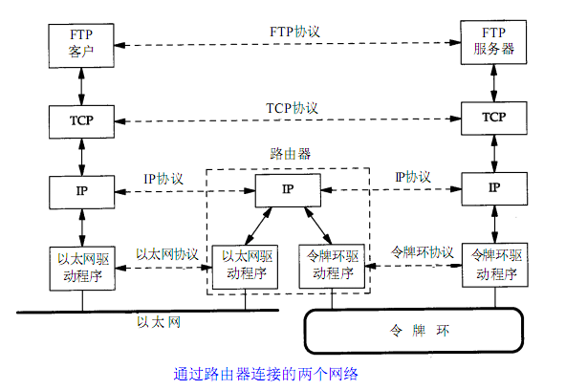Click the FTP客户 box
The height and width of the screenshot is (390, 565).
point(81,46)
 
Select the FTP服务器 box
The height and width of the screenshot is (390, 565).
point(493,42)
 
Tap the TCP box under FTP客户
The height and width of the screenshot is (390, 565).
point(82,121)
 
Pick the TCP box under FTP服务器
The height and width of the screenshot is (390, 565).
point(494,119)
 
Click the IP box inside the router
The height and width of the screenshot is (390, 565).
point(288,190)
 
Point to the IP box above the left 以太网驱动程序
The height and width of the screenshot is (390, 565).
point(82,192)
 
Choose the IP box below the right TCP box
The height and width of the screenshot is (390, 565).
point(494,189)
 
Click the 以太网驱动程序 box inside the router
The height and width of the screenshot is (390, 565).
point(245,267)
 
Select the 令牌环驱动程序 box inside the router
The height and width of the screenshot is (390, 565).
point(332,267)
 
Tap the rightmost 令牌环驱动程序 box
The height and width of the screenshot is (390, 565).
point(495,265)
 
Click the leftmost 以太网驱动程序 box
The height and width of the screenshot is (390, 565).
point(82,269)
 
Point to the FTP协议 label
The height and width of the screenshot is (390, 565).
point(294,32)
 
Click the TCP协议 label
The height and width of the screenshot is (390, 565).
point(293,108)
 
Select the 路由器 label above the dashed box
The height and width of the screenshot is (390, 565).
point(291,154)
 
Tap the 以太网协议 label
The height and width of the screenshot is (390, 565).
point(167,254)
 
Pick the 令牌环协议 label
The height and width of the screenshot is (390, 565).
point(422,252)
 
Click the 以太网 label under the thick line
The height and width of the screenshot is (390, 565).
point(159,322)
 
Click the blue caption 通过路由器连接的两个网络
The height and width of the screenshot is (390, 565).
point(266,374)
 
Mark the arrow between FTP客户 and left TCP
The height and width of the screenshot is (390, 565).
point(82,86)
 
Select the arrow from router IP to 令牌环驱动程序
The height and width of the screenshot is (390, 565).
point(318,226)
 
